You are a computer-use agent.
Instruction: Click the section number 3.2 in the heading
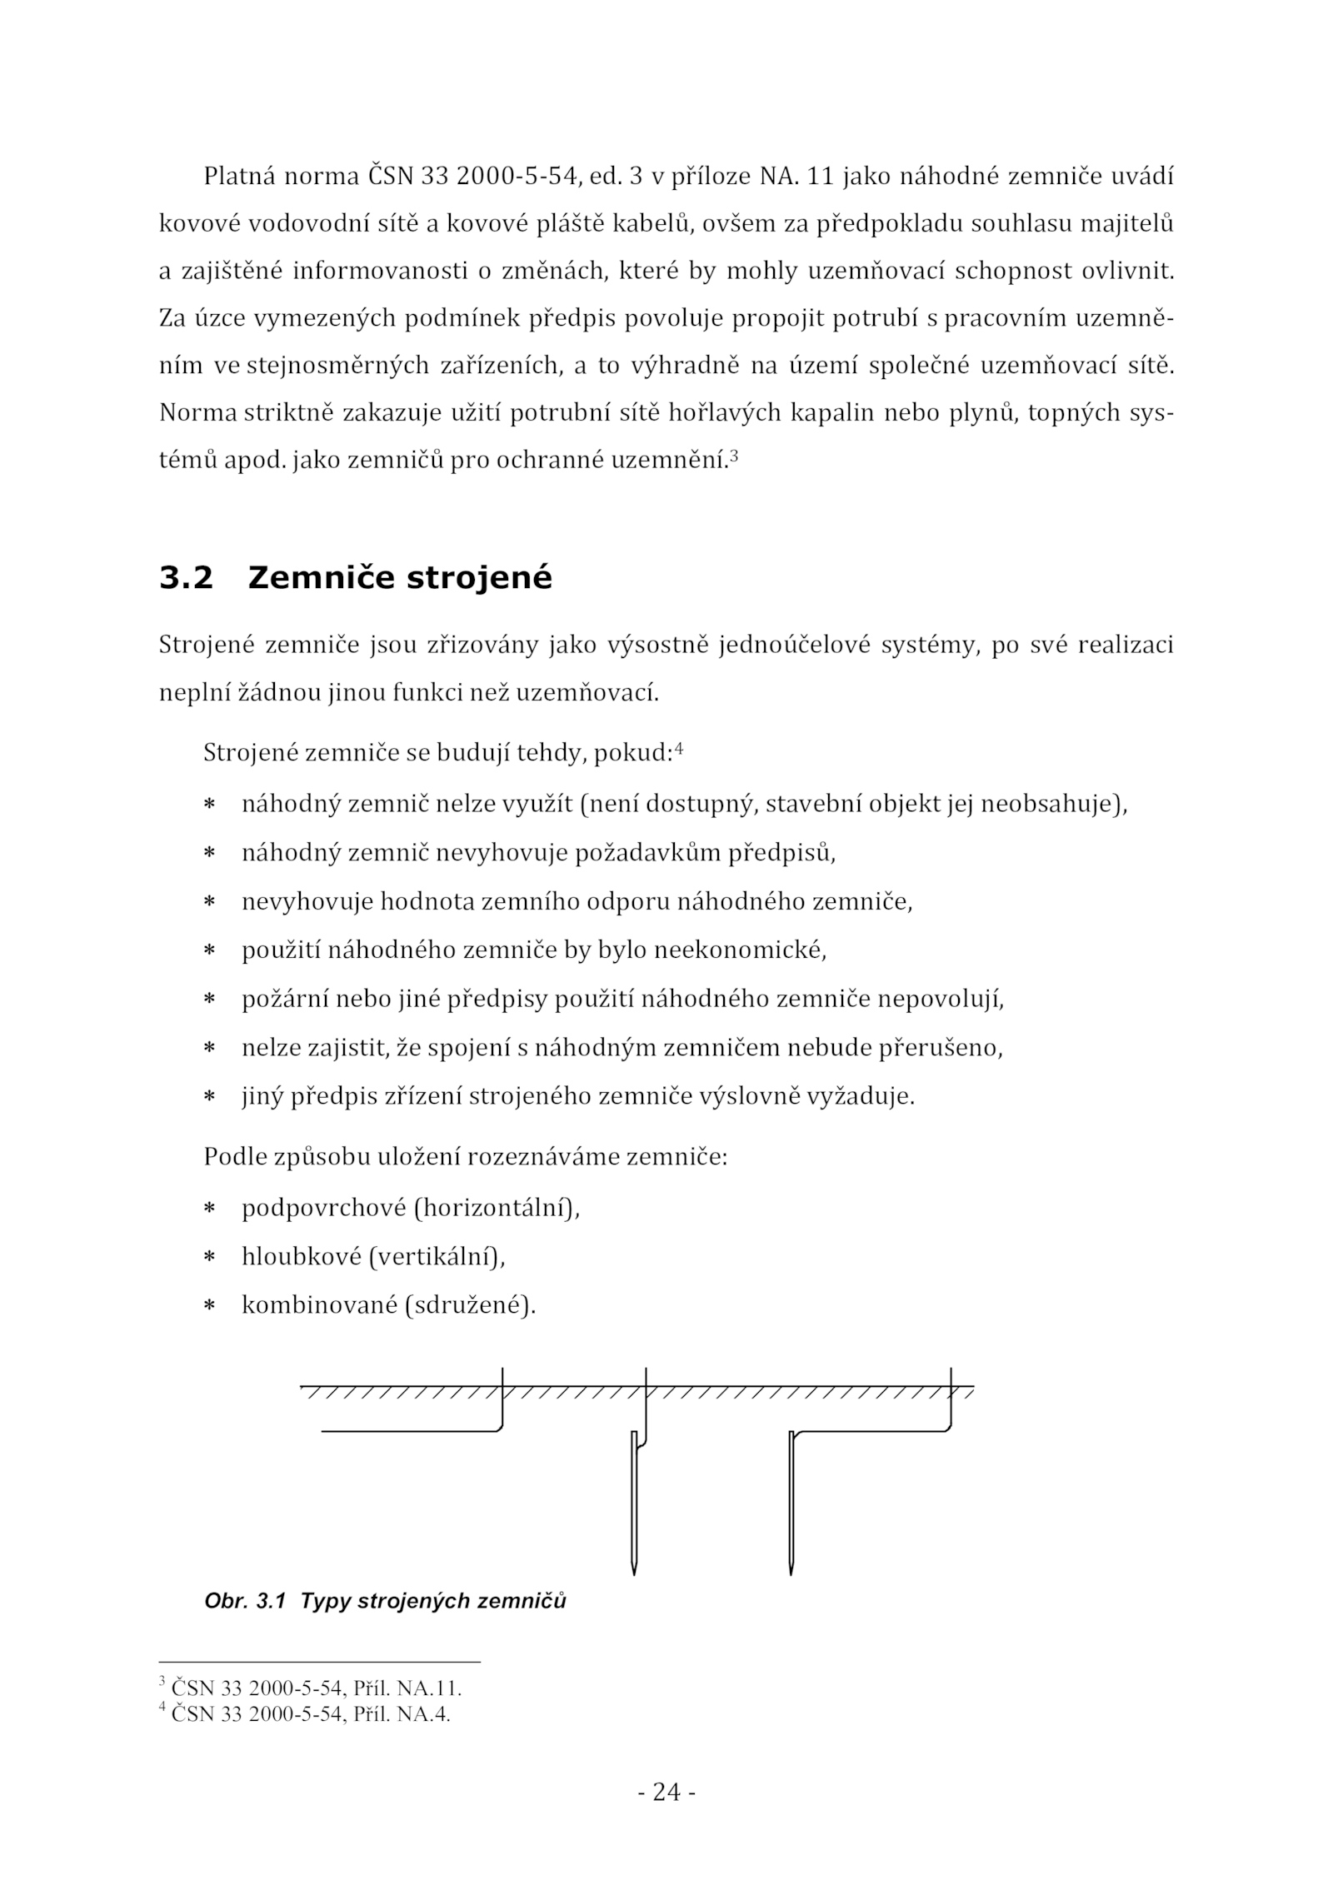coord(186,578)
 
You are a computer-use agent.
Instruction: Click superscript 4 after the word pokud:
coord(679,748)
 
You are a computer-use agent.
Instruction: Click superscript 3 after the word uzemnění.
coord(733,455)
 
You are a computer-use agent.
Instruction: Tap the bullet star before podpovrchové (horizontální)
coord(210,1209)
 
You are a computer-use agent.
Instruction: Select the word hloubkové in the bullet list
coord(301,1255)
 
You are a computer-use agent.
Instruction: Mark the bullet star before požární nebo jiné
coord(210,999)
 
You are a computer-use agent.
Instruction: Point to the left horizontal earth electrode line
coord(408,1431)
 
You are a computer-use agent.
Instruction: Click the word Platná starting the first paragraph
coord(239,177)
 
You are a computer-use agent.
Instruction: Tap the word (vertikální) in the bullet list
coord(437,1255)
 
